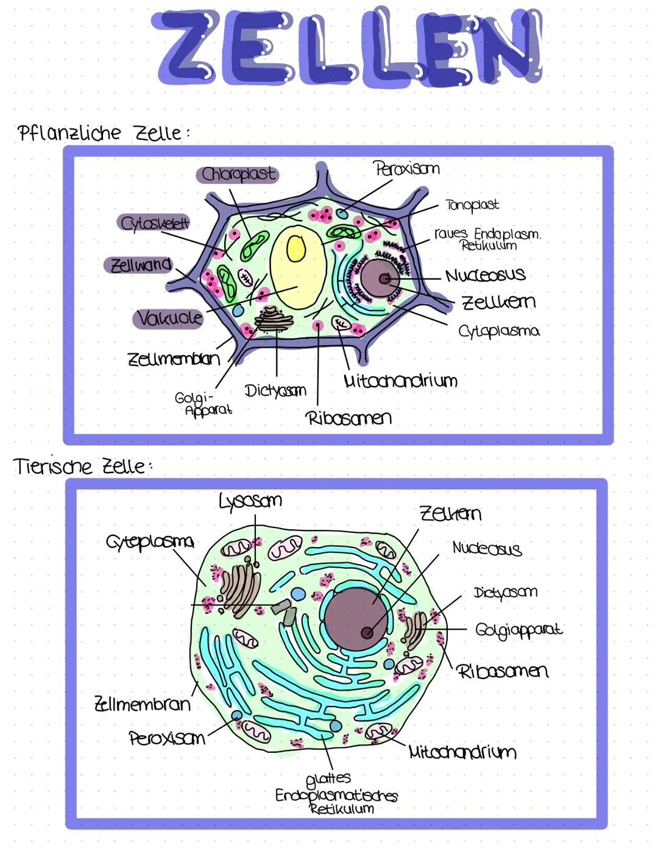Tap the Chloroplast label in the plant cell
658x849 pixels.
tap(238, 175)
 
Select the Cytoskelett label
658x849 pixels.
tap(155, 224)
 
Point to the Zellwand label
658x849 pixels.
tap(140, 266)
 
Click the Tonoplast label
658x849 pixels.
tap(472, 205)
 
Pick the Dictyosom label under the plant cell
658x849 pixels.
tap(275, 390)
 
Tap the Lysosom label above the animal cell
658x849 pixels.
tap(250, 501)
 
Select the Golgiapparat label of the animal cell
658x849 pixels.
tap(518, 630)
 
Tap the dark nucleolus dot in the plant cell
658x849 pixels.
tap(384, 278)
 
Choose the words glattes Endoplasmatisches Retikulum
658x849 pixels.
tap(336, 794)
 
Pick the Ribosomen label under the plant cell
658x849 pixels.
tap(348, 418)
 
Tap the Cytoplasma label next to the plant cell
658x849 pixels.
tap(499, 331)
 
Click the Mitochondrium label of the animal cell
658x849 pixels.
tap(462, 752)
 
